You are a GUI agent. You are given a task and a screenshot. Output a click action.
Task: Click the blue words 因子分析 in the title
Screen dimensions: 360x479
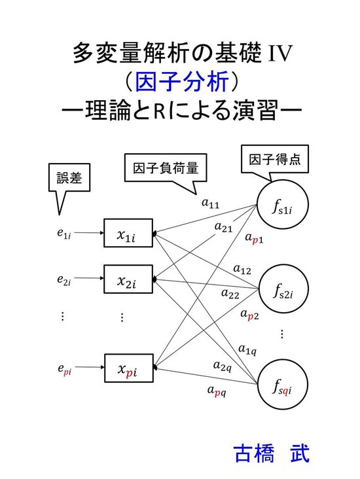coord(182,82)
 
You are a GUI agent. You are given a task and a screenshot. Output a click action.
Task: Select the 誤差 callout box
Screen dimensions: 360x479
coord(69,177)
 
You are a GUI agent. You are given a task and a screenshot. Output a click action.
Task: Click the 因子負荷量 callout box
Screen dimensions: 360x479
coord(166,168)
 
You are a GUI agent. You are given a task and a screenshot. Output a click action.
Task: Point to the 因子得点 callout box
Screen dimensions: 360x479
coord(275,159)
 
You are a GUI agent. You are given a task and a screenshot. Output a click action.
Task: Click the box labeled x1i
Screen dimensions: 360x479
coord(128,233)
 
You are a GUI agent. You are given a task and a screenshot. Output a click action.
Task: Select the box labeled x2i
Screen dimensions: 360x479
coord(128,279)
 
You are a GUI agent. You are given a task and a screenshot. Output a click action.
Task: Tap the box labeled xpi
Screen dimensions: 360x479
coord(129,368)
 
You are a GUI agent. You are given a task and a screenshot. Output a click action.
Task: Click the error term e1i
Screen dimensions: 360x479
coord(64,234)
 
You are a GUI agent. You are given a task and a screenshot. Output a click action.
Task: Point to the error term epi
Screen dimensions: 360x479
coord(65,369)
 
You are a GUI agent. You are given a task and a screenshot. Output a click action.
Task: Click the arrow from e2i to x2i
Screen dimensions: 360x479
coord(89,278)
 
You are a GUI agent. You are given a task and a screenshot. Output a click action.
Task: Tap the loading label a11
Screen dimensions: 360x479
coord(211,203)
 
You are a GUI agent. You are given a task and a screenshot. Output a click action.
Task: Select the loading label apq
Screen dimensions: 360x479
coord(217,391)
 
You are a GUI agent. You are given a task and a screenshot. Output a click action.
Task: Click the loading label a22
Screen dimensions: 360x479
coord(230,294)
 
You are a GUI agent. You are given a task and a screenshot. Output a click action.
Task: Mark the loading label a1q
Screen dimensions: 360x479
coord(247,349)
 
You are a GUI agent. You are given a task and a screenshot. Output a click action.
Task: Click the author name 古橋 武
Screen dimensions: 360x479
coord(272,453)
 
